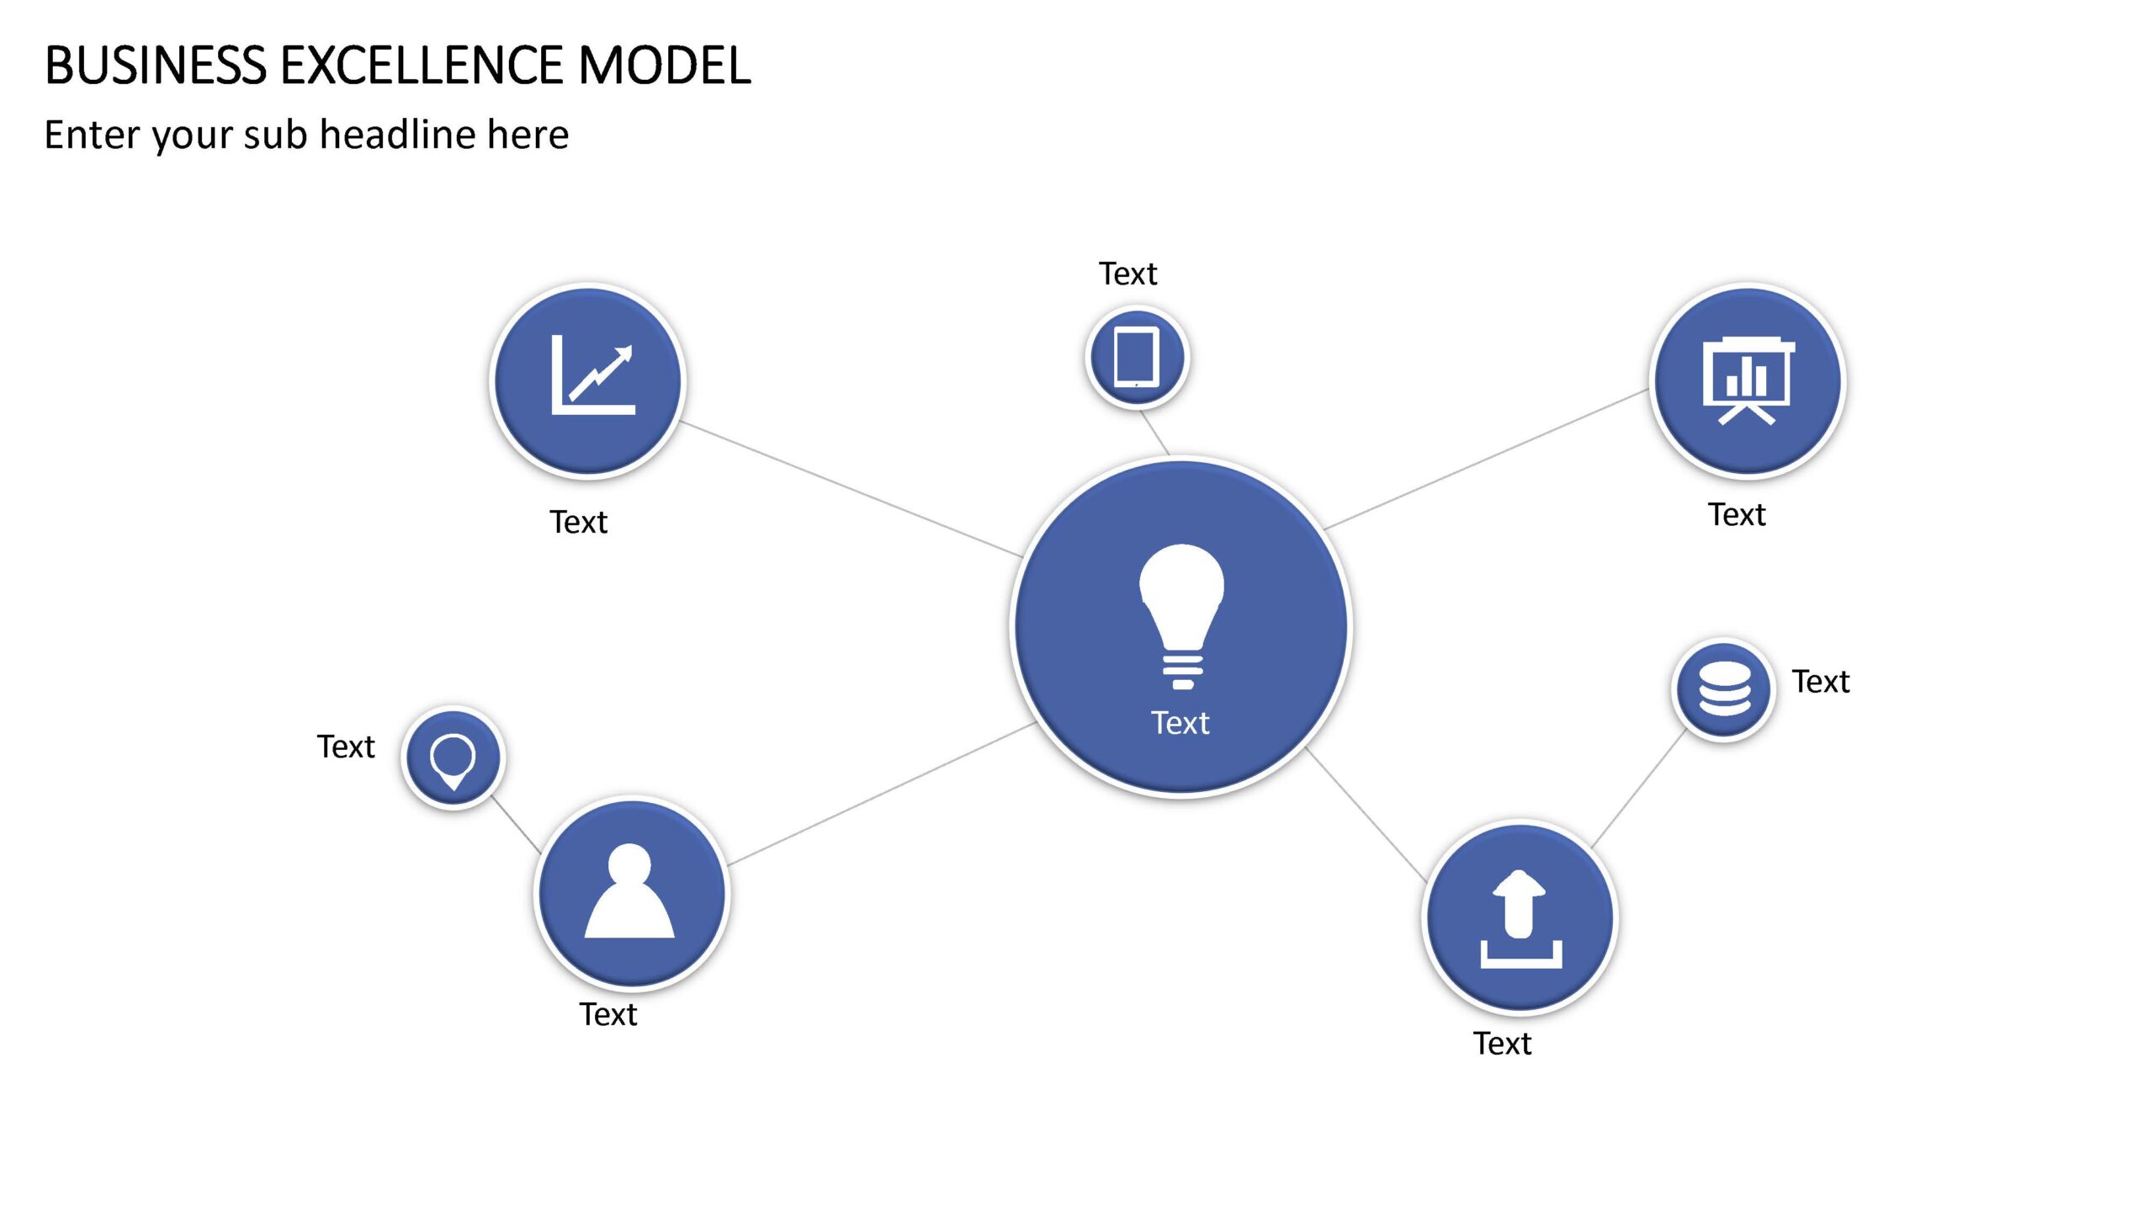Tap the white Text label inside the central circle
[1180, 723]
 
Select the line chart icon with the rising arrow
[593, 375]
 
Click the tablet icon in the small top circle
[1137, 357]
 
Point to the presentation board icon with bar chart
[1748, 381]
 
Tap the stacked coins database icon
[1724, 688]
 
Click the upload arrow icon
[1521, 919]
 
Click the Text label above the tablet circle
[1127, 274]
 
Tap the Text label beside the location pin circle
[346, 747]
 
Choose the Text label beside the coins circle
[1821, 682]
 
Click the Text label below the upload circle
[1503, 1044]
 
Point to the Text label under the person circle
[608, 1014]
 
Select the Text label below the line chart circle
[579, 522]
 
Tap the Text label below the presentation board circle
[1737, 514]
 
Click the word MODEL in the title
[665, 66]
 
